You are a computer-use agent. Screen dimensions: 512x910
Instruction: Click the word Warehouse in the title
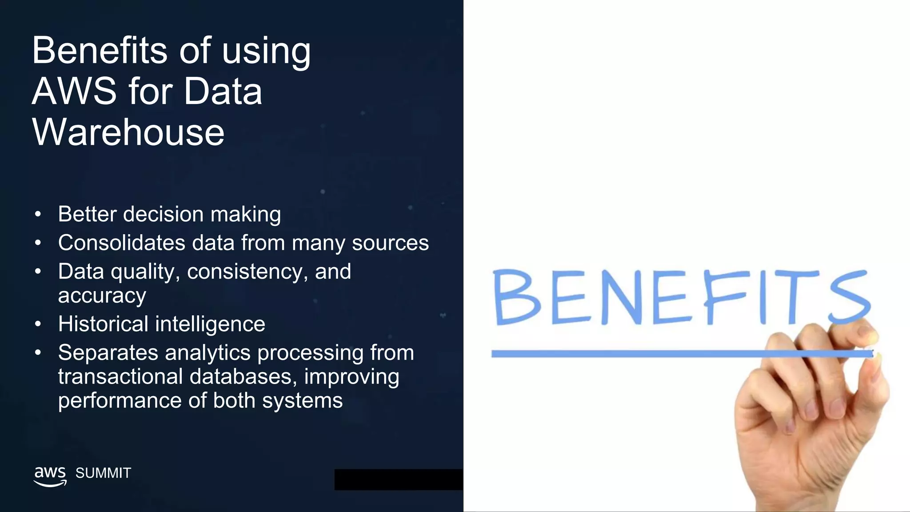point(128,132)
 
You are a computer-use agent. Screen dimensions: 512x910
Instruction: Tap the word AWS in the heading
point(74,91)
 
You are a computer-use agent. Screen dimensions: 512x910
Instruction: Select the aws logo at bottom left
point(50,476)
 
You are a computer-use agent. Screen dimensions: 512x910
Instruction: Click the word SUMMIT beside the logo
point(103,473)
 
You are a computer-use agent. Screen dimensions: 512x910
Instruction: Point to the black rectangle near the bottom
point(398,480)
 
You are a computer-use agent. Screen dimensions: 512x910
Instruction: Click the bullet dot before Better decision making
point(38,215)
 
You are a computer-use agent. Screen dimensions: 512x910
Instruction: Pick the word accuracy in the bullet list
point(102,296)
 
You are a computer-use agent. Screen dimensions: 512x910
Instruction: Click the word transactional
point(120,377)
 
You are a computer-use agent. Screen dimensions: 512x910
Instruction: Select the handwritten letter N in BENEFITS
point(623,297)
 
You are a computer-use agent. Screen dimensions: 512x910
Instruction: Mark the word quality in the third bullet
point(143,272)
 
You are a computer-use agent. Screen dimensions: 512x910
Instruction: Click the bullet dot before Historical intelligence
point(38,324)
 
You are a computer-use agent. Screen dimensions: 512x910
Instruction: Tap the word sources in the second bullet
point(390,243)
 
